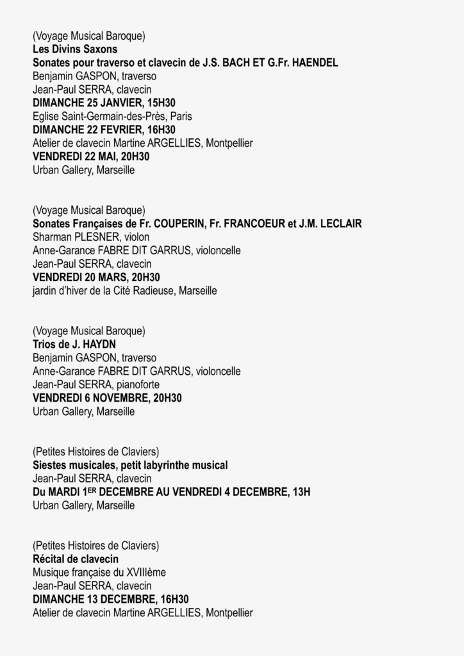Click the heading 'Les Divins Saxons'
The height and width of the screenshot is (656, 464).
(x=75, y=49)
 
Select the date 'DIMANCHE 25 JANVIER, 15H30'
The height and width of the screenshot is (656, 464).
(x=104, y=102)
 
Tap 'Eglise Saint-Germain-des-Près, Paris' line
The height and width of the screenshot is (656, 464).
(x=112, y=116)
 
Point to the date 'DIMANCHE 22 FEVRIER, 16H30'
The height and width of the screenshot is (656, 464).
(x=104, y=129)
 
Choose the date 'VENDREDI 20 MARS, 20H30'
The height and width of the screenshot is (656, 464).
(x=96, y=277)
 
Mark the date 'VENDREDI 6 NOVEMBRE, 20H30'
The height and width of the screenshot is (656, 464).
(x=107, y=398)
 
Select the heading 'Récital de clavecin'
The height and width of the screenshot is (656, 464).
(x=76, y=559)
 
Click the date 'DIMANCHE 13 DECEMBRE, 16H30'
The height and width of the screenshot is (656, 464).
(x=110, y=599)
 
